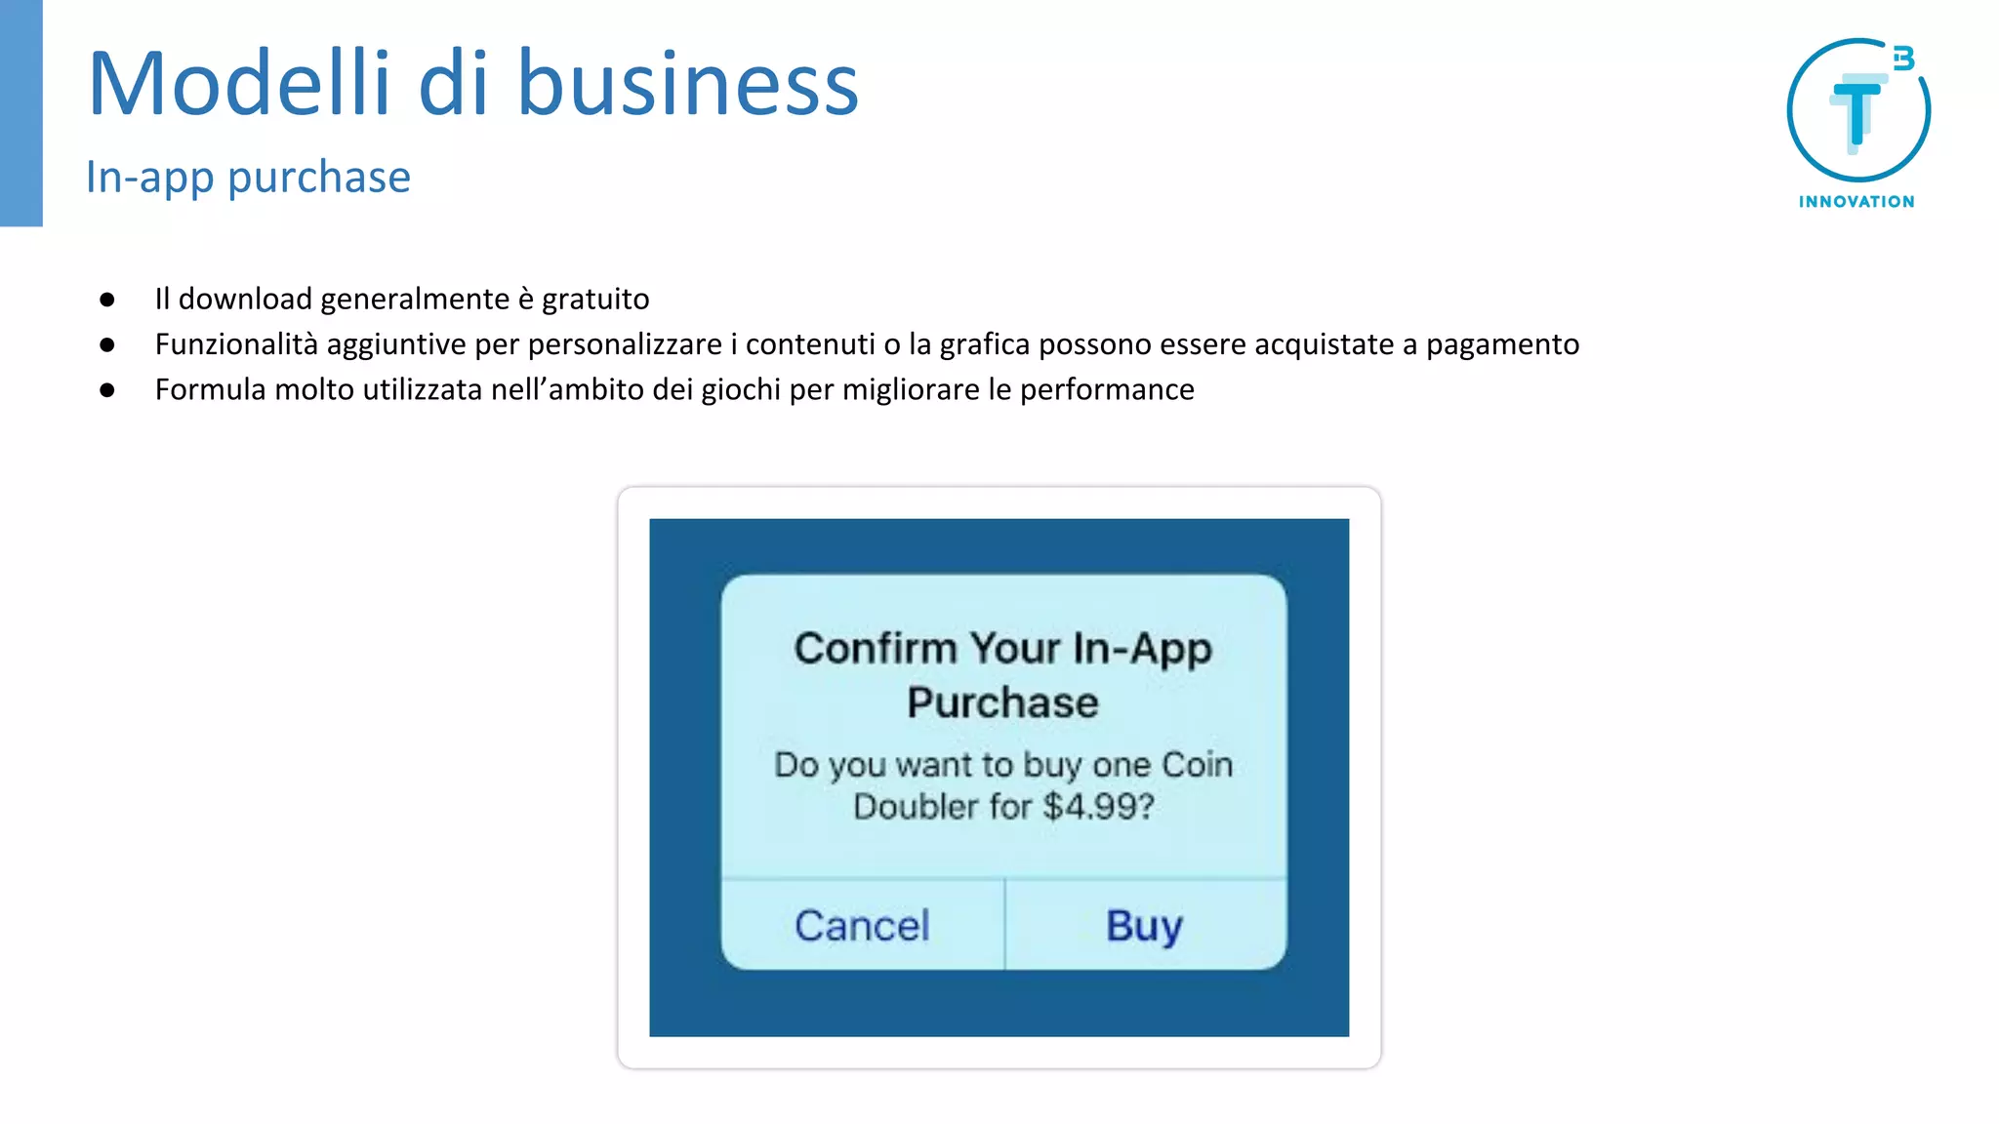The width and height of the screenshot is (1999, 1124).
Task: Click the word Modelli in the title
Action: pyautogui.click(x=238, y=84)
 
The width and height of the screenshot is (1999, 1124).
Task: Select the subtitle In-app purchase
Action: pyautogui.click(x=248, y=178)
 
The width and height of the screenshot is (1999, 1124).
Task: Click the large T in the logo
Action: pyautogui.click(x=1856, y=113)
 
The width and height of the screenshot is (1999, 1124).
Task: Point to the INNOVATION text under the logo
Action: pyautogui.click(x=1856, y=202)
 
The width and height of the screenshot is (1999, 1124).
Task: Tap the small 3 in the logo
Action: pyautogui.click(x=1903, y=59)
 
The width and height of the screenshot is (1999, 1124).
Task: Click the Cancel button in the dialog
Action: pyautogui.click(x=862, y=925)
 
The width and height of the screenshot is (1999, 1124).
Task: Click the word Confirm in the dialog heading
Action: pyautogui.click(x=875, y=649)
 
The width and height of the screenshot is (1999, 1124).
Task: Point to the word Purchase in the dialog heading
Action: pyautogui.click(x=1002, y=702)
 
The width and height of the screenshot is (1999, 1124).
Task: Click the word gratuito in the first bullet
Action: pyautogui.click(x=595, y=299)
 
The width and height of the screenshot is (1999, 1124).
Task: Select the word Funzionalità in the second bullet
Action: pyautogui.click(x=236, y=344)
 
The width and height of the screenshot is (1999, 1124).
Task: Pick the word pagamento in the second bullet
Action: pyautogui.click(x=1502, y=344)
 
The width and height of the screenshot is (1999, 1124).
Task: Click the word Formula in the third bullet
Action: pyautogui.click(x=210, y=389)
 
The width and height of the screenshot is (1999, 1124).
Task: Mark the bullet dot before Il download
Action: pyautogui.click(x=107, y=300)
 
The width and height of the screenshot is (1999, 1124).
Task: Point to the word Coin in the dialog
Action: pyautogui.click(x=1198, y=765)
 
